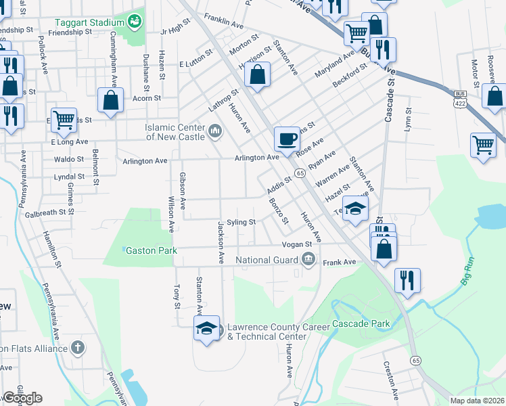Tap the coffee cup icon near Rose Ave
[286, 139]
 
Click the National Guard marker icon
[308, 259]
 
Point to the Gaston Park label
[152, 250]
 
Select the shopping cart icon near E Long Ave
[64, 120]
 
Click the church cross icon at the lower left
[78, 348]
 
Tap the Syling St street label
[241, 222]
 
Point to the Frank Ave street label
[339, 262]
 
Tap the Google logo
[22, 398]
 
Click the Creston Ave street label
[392, 379]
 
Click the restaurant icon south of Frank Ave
[407, 280]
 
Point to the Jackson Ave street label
[220, 242]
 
